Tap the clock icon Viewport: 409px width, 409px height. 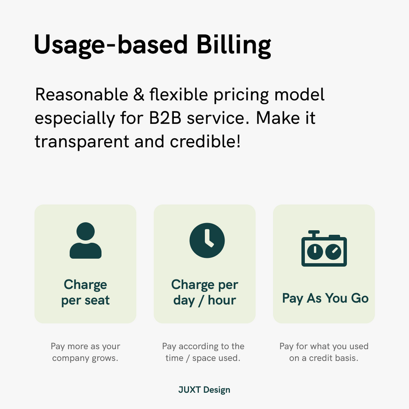pos(207,240)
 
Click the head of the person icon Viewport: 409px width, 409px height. pos(85,231)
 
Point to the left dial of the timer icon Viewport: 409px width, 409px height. pos(314,252)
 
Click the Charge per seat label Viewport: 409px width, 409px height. pos(85,292)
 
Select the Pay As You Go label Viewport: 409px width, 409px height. pos(325,298)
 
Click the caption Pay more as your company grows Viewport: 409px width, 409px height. pos(85,352)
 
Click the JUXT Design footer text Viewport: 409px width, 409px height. pos(204,390)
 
